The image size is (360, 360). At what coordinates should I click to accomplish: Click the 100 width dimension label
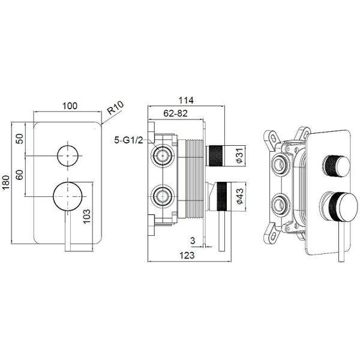tap(70, 106)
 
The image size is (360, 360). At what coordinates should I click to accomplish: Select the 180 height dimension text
tap(6, 182)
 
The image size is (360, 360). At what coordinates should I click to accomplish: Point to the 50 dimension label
tap(20, 139)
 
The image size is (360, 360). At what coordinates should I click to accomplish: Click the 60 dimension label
tap(20, 175)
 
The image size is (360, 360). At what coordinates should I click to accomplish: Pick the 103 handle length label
tap(86, 216)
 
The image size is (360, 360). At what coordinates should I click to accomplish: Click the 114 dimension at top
tap(186, 100)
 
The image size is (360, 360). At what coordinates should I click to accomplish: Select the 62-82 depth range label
tap(175, 113)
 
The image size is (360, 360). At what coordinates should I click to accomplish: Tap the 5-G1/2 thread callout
tap(128, 140)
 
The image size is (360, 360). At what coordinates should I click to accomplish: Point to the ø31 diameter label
tap(239, 155)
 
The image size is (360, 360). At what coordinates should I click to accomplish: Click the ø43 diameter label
tap(239, 196)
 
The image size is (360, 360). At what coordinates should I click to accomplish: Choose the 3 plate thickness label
tap(193, 241)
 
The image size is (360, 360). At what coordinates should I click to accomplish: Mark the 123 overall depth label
tap(187, 256)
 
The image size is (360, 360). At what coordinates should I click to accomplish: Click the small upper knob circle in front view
tap(68, 155)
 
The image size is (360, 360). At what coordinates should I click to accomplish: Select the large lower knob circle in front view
tap(68, 196)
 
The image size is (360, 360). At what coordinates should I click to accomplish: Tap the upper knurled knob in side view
tap(215, 155)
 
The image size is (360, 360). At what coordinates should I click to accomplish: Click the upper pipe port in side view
tap(163, 155)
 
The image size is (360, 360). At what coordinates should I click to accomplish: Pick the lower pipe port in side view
tap(163, 196)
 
